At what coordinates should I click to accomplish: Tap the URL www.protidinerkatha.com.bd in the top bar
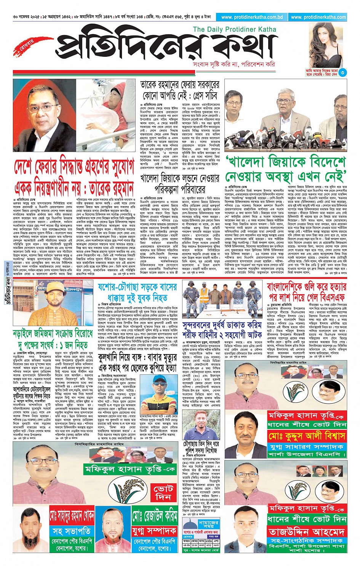pos(252,17)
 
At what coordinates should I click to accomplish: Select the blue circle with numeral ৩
pos(342,72)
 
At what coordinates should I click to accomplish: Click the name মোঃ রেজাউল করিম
pos(155,516)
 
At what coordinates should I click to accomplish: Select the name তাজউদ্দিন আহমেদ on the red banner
pos(306,531)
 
